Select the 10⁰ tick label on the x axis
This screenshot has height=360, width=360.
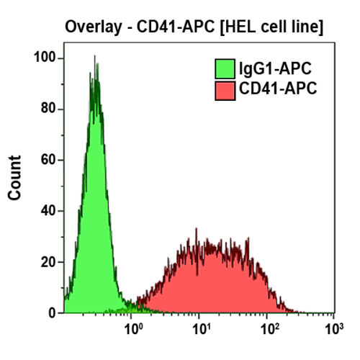click(132, 330)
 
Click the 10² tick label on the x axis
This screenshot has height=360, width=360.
click(267, 330)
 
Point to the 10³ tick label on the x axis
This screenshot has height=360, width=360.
click(333, 330)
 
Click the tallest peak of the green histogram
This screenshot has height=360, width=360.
click(94, 58)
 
